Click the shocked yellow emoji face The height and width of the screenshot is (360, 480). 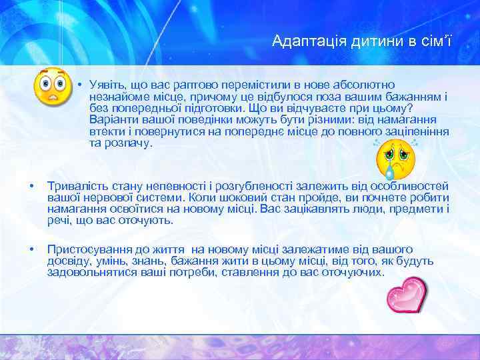coord(52,87)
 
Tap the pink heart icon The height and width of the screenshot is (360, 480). coord(407,295)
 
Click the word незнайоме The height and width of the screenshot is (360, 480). coord(118,97)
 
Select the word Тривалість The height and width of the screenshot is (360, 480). coord(75,186)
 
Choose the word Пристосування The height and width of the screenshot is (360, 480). coord(85,249)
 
